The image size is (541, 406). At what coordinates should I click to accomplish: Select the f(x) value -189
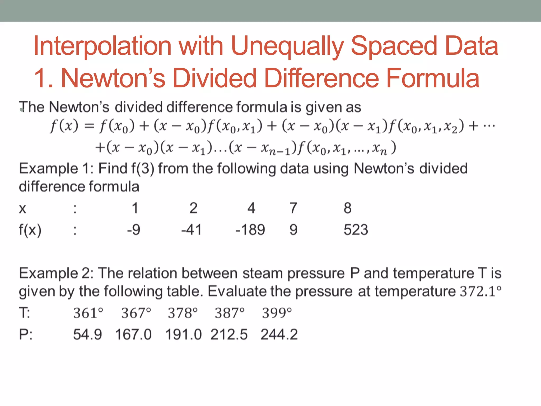pos(250,229)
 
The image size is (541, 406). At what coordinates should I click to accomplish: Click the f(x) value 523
pos(356,229)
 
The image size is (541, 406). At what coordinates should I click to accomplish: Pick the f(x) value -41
pos(191,229)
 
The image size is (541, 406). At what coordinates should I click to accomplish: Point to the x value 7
pos(293,208)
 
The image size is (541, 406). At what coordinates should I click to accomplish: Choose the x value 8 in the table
pos(347,208)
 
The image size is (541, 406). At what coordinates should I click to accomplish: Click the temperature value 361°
pos(88,313)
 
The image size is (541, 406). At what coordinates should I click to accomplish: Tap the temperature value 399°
pos(277,313)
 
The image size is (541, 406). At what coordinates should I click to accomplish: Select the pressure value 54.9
pos(87,334)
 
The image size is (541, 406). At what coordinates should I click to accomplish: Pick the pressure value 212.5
pos(229,334)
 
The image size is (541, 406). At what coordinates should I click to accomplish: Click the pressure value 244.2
pos(279,334)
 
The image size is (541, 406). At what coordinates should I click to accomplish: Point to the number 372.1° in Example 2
pos(481,291)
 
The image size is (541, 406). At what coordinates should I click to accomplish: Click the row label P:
pos(26,334)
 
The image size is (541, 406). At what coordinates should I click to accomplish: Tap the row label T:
pos(25,313)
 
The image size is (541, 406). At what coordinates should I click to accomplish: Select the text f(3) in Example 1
pos(143,169)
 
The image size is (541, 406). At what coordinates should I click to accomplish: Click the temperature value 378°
pos(183,313)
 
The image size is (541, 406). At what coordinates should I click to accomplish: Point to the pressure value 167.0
pos(133,334)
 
